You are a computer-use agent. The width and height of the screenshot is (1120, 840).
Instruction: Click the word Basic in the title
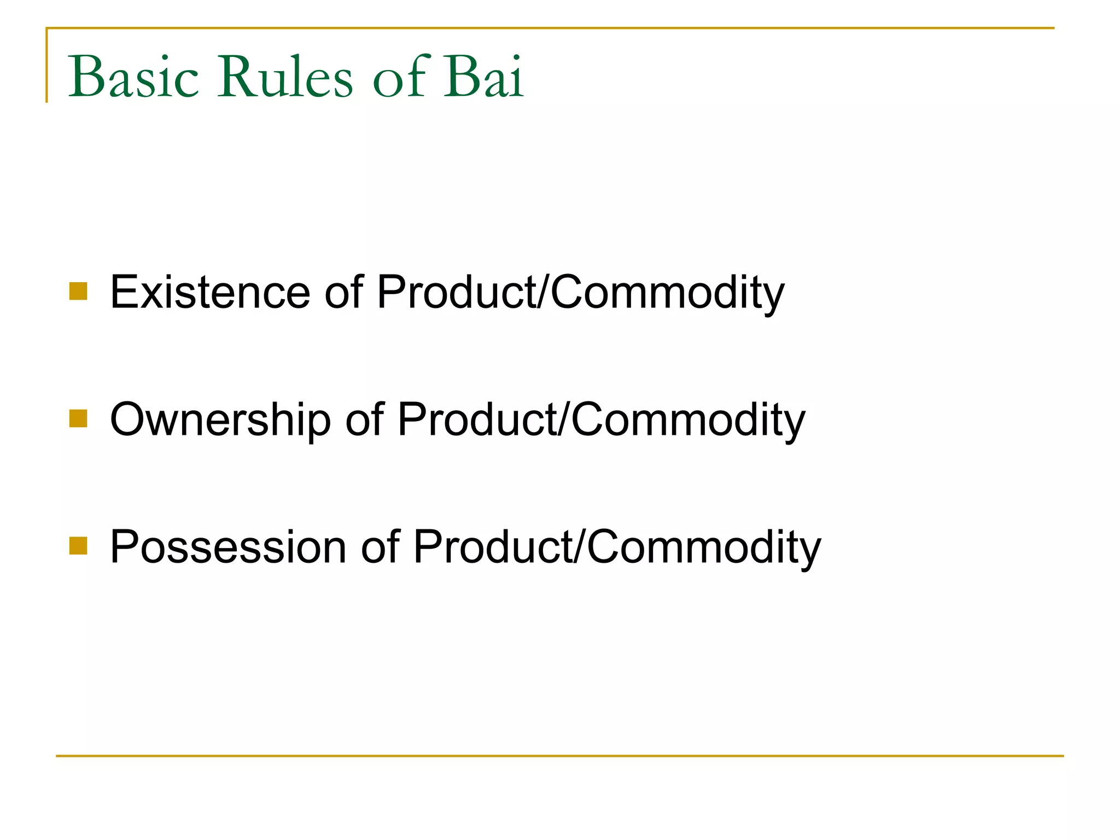pyautogui.click(x=133, y=78)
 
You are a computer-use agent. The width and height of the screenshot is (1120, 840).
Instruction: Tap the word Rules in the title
pyautogui.click(x=285, y=78)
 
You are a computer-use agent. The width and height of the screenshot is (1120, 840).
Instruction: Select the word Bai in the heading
pyautogui.click(x=483, y=78)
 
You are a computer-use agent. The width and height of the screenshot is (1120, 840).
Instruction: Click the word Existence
pyautogui.click(x=210, y=293)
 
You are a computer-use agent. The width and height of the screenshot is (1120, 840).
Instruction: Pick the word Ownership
pyautogui.click(x=220, y=420)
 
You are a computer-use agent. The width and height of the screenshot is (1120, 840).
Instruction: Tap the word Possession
pyautogui.click(x=228, y=547)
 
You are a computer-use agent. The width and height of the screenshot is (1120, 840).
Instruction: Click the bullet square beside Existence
pyautogui.click(x=78, y=291)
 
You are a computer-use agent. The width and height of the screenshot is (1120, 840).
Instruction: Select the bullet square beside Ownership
pyautogui.click(x=78, y=418)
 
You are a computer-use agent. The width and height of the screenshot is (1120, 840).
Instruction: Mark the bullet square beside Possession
pyautogui.click(x=78, y=546)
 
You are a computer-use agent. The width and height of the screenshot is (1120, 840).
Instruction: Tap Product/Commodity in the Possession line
pyautogui.click(x=616, y=548)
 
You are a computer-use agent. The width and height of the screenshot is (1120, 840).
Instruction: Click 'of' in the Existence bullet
pyautogui.click(x=343, y=293)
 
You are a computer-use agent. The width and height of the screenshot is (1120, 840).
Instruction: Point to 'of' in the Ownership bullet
pyautogui.click(x=364, y=420)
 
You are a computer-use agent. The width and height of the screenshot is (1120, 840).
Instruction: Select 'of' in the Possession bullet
pyautogui.click(x=380, y=547)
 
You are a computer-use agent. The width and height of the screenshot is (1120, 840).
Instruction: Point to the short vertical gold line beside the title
pyautogui.click(x=47, y=66)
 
